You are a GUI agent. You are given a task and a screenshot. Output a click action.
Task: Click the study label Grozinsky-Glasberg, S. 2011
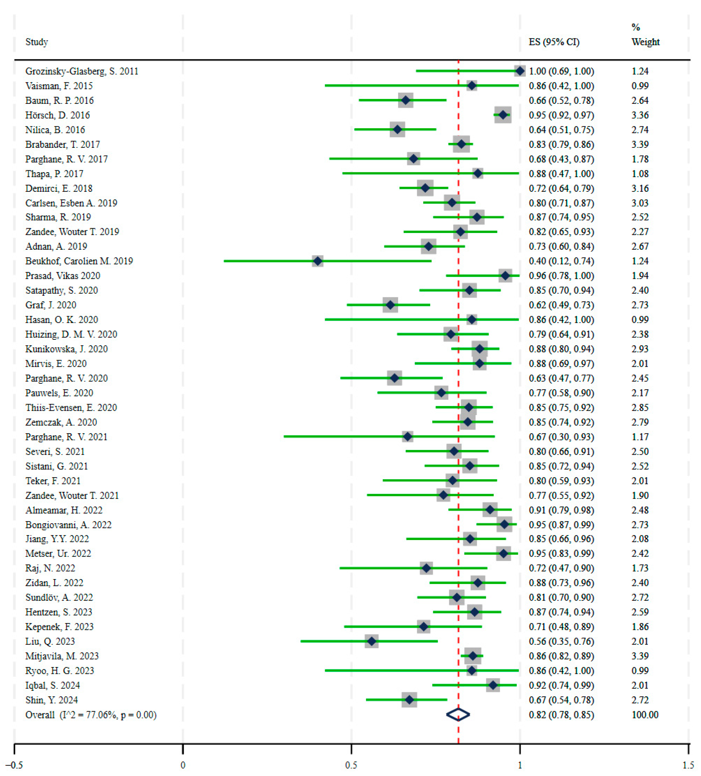(82, 71)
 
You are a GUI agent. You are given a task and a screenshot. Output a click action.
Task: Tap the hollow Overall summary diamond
(458, 715)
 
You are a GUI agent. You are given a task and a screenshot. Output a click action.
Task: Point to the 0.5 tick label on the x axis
(351, 765)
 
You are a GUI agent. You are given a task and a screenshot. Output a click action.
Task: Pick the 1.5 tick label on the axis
(688, 765)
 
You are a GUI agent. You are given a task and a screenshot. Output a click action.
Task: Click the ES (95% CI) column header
(554, 42)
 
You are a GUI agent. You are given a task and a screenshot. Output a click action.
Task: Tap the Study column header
(37, 42)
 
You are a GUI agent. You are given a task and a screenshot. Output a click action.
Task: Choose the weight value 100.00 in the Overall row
(645, 715)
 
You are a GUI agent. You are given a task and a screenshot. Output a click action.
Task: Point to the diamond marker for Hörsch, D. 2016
(503, 115)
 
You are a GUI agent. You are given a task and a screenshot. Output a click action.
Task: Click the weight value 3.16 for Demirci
(640, 189)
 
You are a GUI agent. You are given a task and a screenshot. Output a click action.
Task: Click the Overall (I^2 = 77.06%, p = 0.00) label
(91, 715)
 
